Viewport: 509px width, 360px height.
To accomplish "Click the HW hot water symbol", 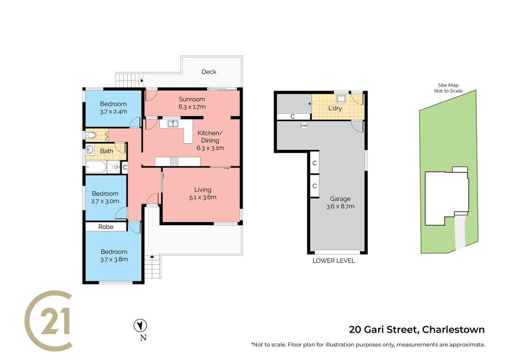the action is [x=304, y=125].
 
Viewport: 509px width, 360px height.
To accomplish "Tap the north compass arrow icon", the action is [x=140, y=325].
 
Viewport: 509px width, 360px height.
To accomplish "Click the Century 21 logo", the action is [x=48, y=321].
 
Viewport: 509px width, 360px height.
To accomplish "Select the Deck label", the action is [x=209, y=72].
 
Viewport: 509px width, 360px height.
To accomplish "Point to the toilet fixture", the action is [x=91, y=136].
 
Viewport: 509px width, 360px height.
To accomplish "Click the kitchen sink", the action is [x=173, y=124].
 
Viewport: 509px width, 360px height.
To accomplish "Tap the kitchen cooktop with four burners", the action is [x=174, y=162].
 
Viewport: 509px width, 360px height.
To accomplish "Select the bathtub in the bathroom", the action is [x=96, y=167].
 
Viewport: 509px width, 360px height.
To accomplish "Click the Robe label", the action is [x=106, y=227].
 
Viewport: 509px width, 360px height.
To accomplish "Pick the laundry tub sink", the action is [x=341, y=98].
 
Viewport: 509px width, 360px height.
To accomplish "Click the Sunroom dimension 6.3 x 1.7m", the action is [x=192, y=107].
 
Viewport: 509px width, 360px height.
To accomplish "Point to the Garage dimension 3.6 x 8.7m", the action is [x=340, y=206].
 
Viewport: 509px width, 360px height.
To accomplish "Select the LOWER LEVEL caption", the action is [x=334, y=261].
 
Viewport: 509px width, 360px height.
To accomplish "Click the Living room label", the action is [x=203, y=189].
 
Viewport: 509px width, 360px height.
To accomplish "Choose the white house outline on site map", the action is [x=447, y=196].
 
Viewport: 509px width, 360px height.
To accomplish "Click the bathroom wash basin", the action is [x=90, y=150].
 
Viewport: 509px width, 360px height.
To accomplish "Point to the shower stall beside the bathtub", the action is [x=114, y=167].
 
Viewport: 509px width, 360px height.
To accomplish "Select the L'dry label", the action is [x=335, y=109].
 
